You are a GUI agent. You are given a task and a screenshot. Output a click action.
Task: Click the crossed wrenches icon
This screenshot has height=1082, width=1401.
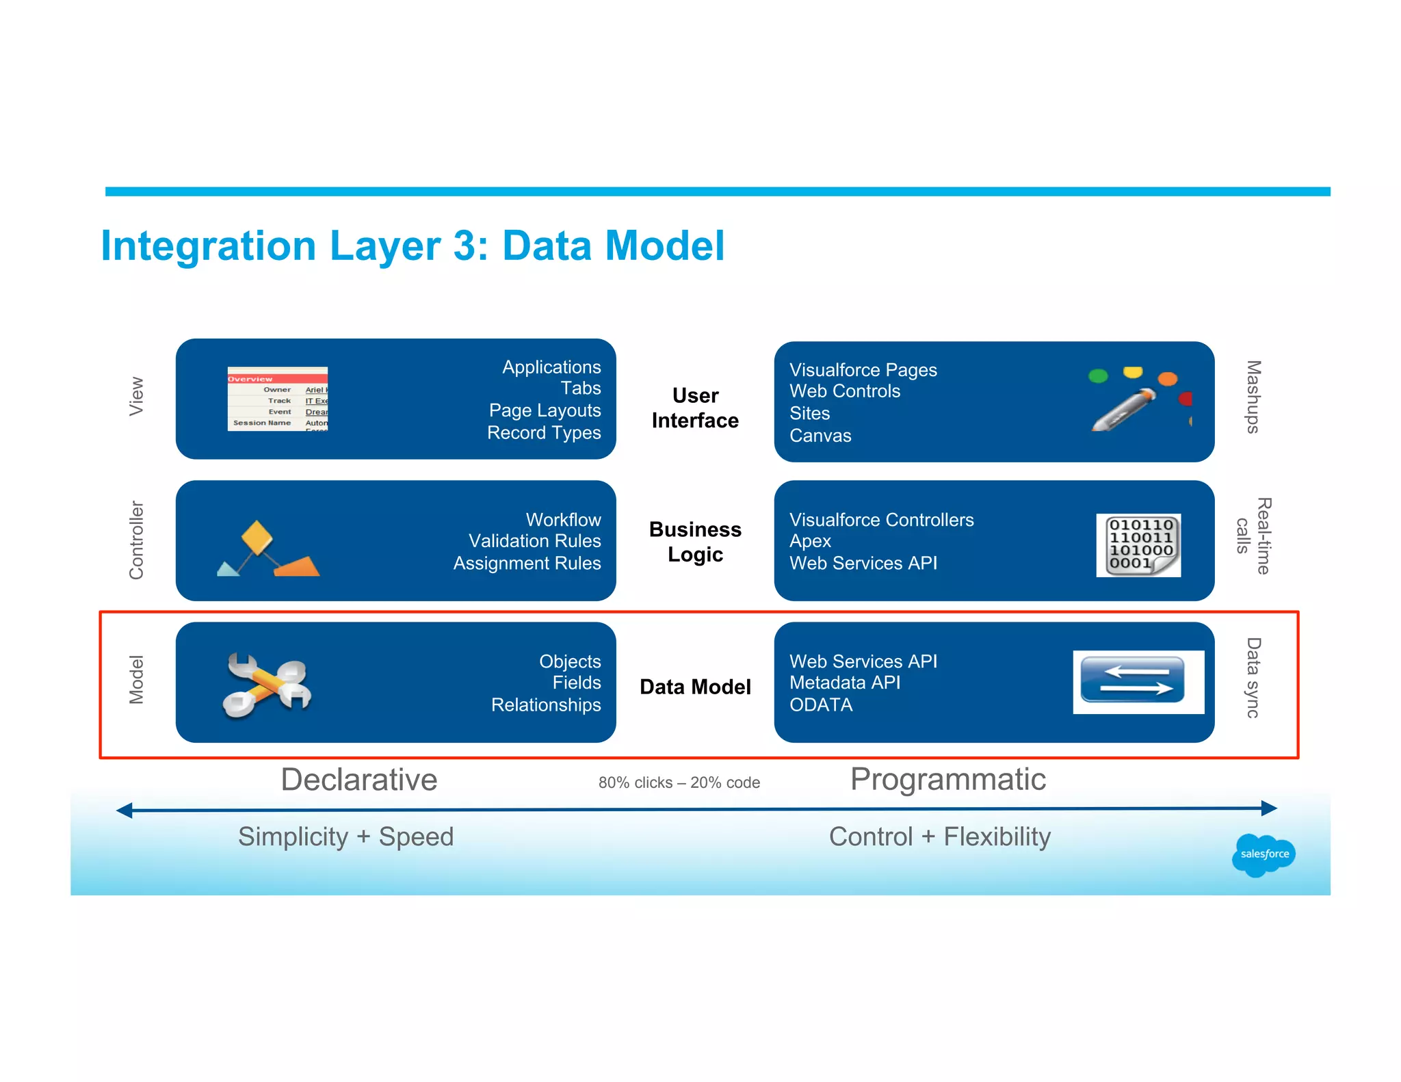coord(267,685)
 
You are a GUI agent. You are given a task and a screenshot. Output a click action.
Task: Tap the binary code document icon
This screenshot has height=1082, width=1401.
coord(1138,545)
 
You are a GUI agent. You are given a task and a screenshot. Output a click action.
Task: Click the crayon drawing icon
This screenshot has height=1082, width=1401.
coord(1136,401)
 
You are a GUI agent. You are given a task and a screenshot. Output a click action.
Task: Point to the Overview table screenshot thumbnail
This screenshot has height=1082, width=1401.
coord(278,399)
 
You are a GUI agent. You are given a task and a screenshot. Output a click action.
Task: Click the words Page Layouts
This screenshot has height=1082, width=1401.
coord(545,410)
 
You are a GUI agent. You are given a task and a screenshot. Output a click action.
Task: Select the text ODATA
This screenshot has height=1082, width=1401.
coord(821,705)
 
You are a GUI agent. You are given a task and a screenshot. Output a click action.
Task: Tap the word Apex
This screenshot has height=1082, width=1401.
coord(810,541)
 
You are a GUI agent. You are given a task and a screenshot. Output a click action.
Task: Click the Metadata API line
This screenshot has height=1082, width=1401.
coord(845,683)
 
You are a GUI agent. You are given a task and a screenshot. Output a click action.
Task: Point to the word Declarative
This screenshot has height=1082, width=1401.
coord(359,780)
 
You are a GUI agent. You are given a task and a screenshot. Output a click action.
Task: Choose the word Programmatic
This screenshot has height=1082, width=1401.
coord(947,780)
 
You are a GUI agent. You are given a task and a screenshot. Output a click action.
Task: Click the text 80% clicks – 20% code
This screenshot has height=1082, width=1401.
coord(679,783)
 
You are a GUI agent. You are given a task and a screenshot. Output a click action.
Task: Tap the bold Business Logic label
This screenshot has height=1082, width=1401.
coord(695,542)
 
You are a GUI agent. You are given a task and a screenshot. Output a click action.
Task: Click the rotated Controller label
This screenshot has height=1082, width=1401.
coord(137,540)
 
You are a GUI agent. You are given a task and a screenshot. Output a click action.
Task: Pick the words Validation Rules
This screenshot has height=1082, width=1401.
coord(534,541)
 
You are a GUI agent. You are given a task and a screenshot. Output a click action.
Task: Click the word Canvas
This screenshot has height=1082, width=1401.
coord(820,436)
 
